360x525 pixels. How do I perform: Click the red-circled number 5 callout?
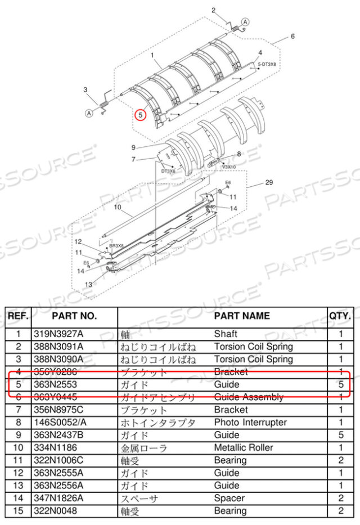(x=140, y=115)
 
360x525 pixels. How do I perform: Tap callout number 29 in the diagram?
(x=268, y=183)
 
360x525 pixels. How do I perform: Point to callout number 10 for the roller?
(x=118, y=207)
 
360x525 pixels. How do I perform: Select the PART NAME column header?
(x=242, y=316)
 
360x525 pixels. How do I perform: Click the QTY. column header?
(x=341, y=316)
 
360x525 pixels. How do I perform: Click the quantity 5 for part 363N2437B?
(x=340, y=435)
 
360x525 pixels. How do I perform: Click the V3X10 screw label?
(x=229, y=167)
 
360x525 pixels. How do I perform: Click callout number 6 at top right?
(x=292, y=37)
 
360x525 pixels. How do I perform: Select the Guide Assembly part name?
(x=249, y=397)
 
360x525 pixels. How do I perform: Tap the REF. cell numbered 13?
(x=19, y=486)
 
